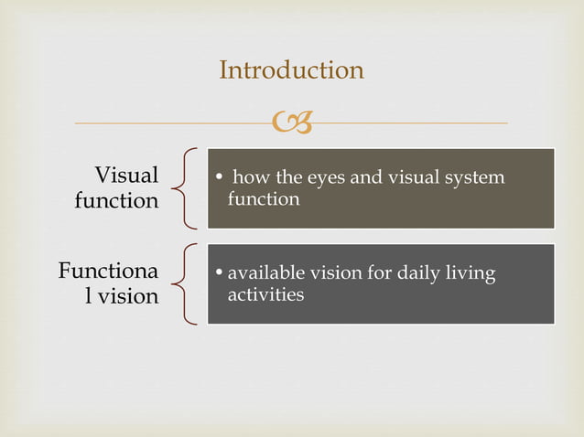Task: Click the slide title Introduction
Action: pos(291,69)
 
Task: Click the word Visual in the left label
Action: pos(126,175)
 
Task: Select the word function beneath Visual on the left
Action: pos(116,200)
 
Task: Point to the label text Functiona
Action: pos(108,272)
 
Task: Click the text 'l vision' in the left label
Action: pos(121,296)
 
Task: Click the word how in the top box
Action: pos(251,177)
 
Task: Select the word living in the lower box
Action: pos(474,273)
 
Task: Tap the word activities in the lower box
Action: pos(265,294)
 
